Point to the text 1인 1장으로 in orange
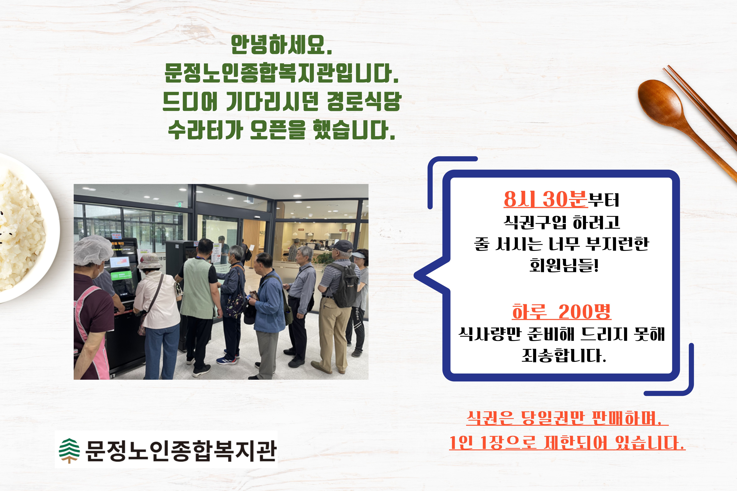pos(493,443)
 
